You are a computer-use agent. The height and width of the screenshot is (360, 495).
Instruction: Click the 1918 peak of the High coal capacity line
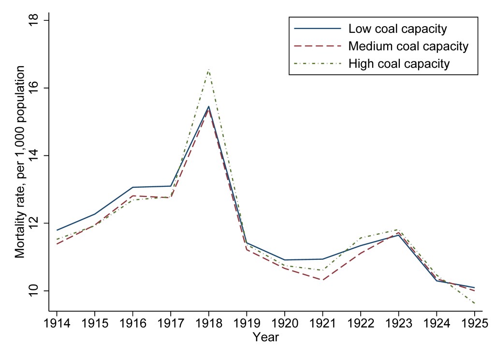pyautogui.click(x=208, y=69)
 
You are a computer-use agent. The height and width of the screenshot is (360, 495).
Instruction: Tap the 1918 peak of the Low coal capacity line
pyautogui.click(x=208, y=106)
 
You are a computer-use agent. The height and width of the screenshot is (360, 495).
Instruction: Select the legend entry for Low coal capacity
pyautogui.click(x=397, y=29)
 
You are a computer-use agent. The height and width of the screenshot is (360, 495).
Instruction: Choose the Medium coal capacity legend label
pyautogui.click(x=408, y=46)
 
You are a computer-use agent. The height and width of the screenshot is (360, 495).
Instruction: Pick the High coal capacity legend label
pyautogui.click(x=399, y=64)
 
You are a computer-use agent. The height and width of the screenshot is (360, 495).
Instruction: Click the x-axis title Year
pyautogui.click(x=265, y=337)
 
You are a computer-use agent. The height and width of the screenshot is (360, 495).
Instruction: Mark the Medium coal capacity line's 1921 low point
pyautogui.click(x=322, y=280)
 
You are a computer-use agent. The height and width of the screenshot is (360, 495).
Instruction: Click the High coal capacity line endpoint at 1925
pyautogui.click(x=474, y=303)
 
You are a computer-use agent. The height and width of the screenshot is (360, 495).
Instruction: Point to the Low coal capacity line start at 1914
pyautogui.click(x=57, y=230)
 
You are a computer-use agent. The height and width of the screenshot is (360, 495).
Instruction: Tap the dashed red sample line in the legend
pyautogui.click(x=317, y=46)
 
